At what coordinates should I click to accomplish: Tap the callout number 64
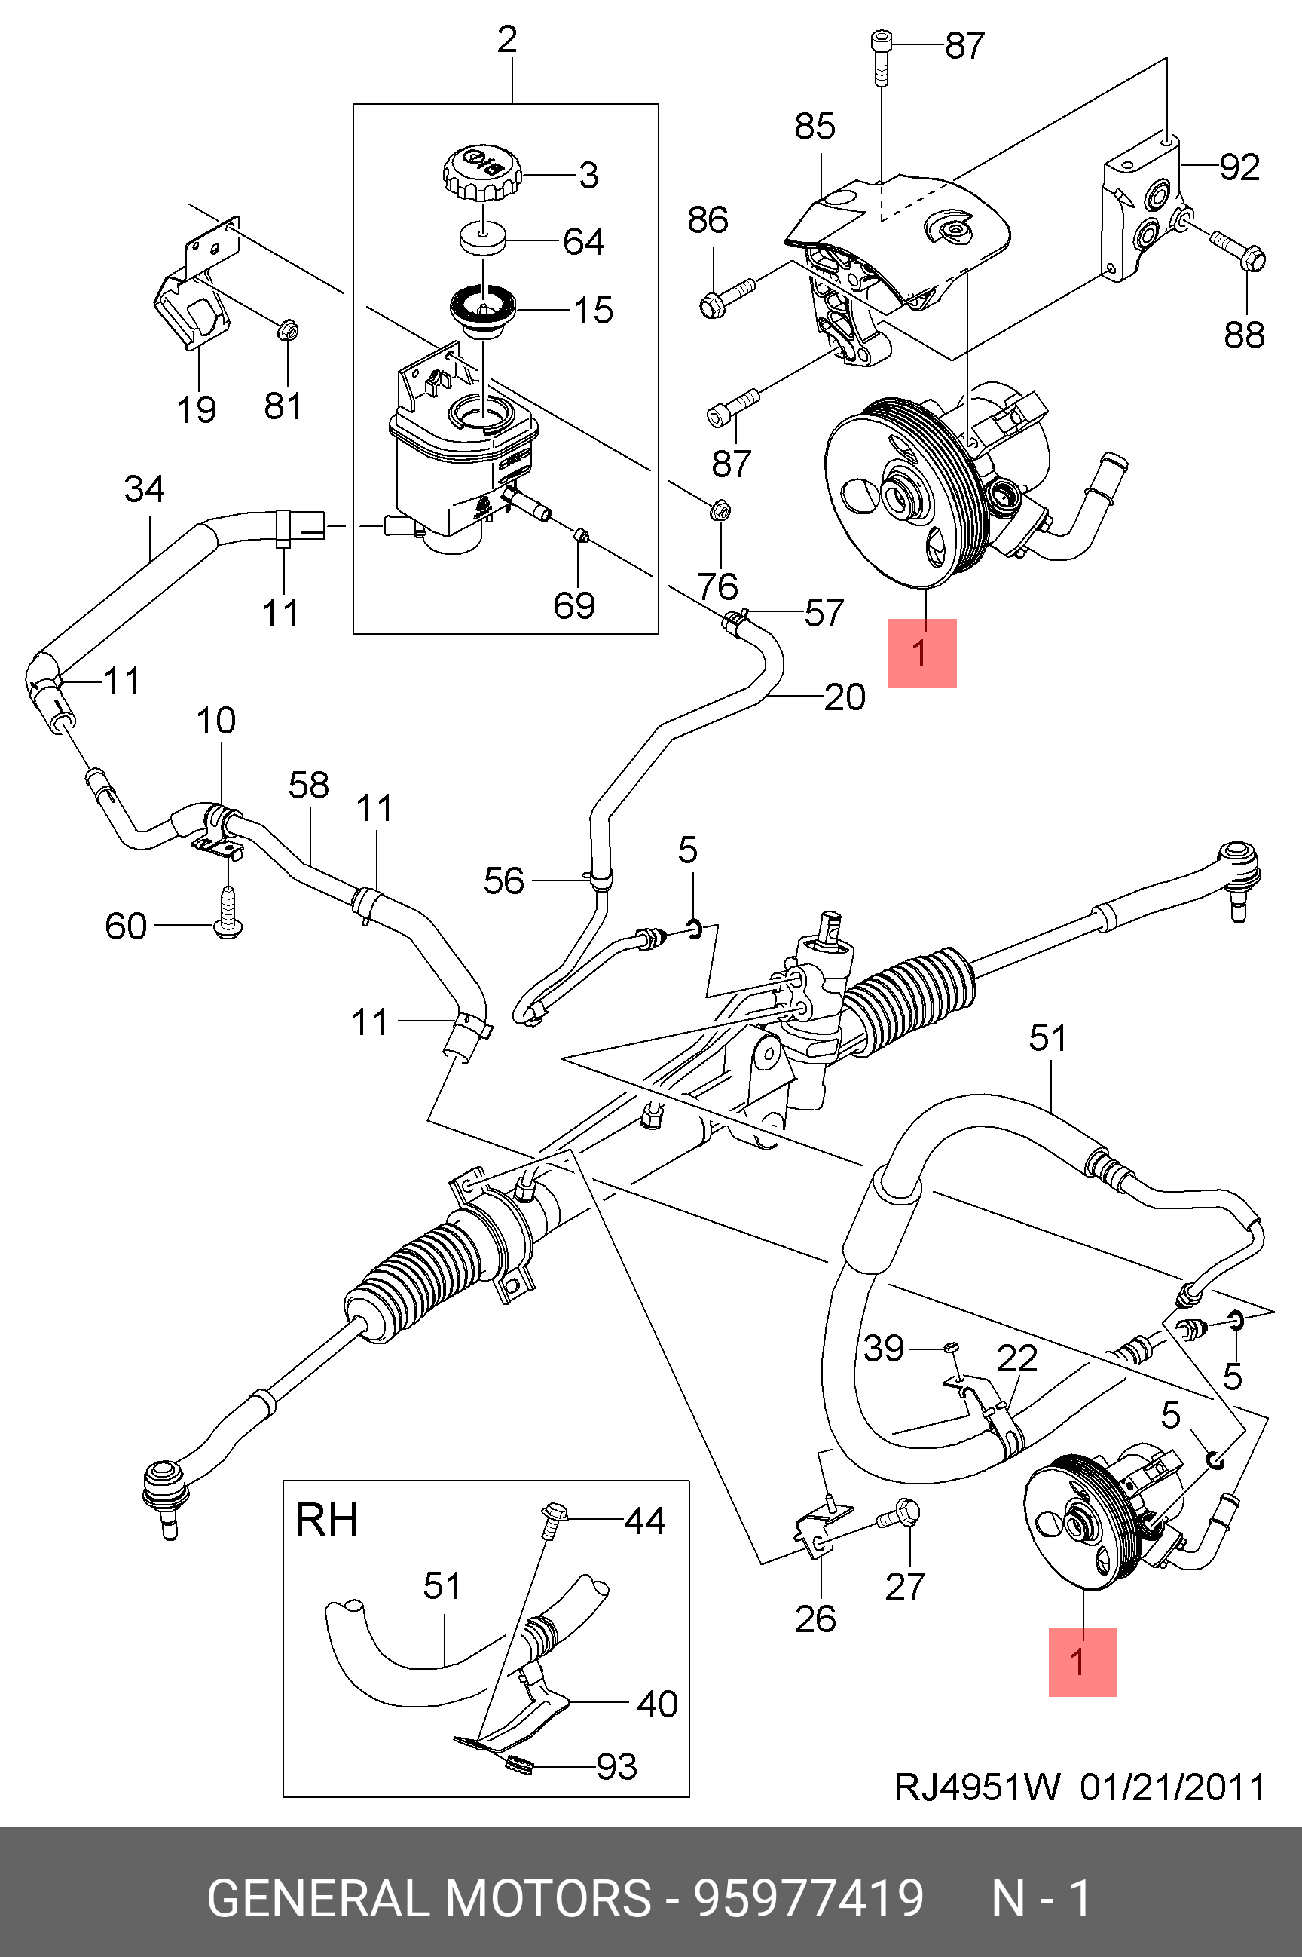coord(584,242)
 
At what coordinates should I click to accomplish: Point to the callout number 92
coord(1239,168)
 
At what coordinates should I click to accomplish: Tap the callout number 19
coord(197,409)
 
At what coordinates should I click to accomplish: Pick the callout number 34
coord(145,488)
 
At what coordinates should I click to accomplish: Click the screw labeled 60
coord(228,914)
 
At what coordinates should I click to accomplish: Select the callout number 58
coord(309,785)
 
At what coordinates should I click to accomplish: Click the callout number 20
coord(845,697)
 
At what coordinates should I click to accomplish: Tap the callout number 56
coord(504,880)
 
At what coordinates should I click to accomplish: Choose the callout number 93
coord(617,1767)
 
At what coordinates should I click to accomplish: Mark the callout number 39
coord(884,1348)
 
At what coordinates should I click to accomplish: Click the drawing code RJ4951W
coord(976,1787)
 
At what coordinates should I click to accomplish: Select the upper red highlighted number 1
coord(921,653)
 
